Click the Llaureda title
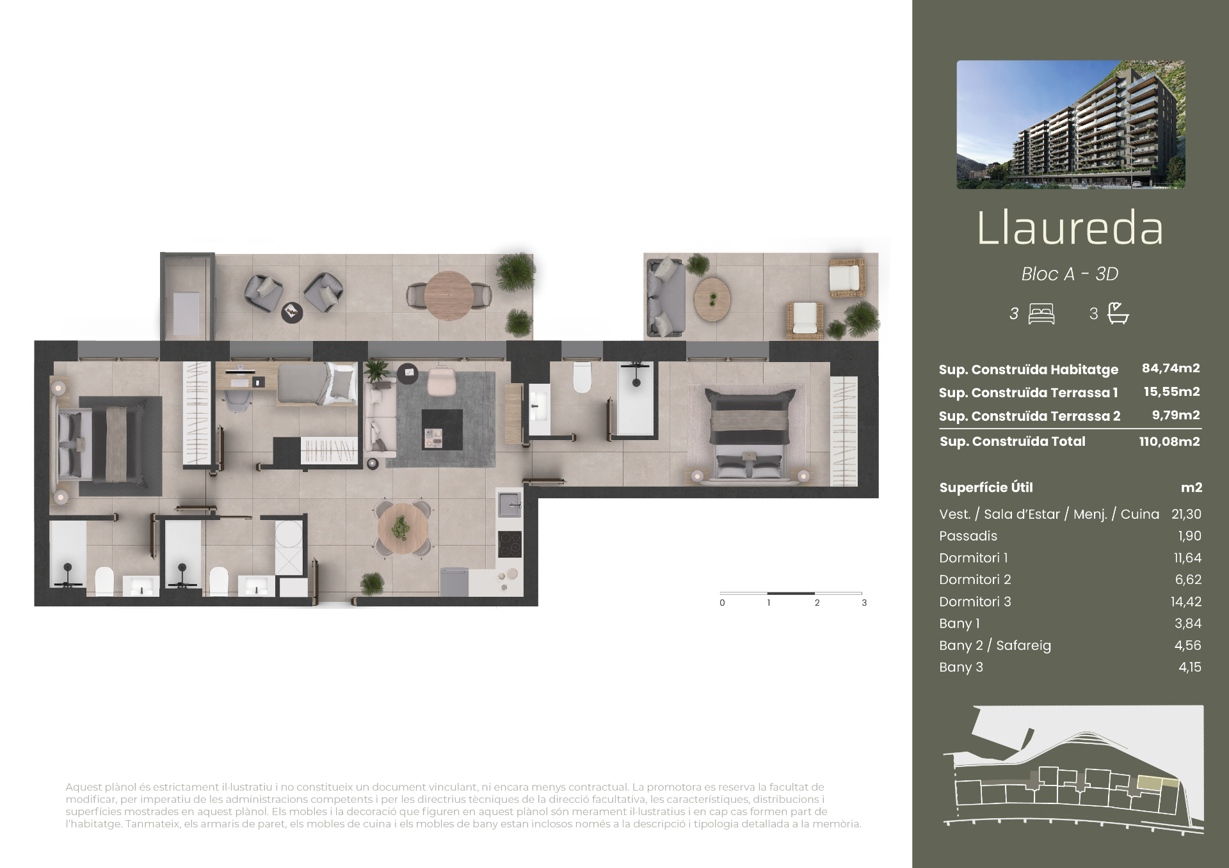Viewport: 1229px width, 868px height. [x=1070, y=228]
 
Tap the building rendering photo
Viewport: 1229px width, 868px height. [x=1071, y=125]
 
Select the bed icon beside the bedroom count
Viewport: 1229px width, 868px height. [x=1041, y=314]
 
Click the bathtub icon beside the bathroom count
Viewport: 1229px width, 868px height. [x=1118, y=313]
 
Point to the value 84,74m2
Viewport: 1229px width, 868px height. [x=1171, y=368]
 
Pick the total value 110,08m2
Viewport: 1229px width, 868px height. [x=1169, y=441]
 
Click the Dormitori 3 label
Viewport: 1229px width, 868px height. [x=975, y=601]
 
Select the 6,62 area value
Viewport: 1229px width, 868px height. [x=1188, y=580]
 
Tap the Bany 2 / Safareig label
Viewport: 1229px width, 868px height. [x=995, y=645]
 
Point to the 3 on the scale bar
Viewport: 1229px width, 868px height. [x=864, y=603]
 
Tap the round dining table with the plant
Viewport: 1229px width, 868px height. [x=402, y=528]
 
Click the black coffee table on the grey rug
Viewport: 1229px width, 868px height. [x=442, y=430]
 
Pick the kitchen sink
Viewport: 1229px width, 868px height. [x=510, y=505]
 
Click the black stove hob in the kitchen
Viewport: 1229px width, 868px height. [x=510, y=544]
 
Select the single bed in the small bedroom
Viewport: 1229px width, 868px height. [x=317, y=384]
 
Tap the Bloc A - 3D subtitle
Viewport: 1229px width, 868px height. [x=1070, y=274]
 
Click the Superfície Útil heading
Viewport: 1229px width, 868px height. [x=986, y=487]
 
